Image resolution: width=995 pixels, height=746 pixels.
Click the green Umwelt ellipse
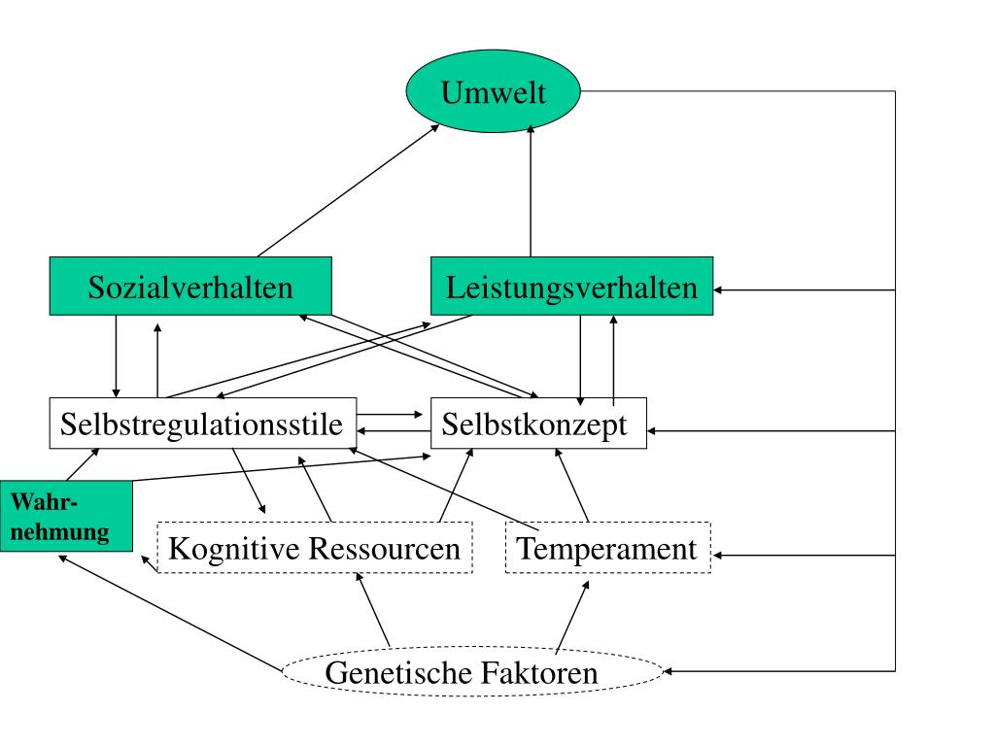(493, 93)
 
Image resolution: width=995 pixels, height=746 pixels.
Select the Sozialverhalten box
(190, 287)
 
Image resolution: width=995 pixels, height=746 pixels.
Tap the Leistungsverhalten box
(571, 287)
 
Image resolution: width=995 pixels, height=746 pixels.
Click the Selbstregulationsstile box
(202, 424)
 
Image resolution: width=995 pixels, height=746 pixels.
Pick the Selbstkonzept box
(538, 424)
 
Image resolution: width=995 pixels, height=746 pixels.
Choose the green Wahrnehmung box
(66, 516)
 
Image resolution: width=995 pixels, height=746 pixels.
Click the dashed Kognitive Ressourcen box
(314, 548)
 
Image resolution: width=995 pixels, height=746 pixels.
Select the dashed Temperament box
(607, 548)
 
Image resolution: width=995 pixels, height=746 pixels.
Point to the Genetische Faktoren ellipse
(472, 671)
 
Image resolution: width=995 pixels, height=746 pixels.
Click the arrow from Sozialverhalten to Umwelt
(348, 190)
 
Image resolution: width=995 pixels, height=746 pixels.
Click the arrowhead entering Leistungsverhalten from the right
(719, 289)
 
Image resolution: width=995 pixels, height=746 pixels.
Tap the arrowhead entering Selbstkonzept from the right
(653, 430)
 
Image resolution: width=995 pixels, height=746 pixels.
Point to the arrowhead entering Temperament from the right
(717, 555)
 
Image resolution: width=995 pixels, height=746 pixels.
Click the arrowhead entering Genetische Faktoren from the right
(669, 670)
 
